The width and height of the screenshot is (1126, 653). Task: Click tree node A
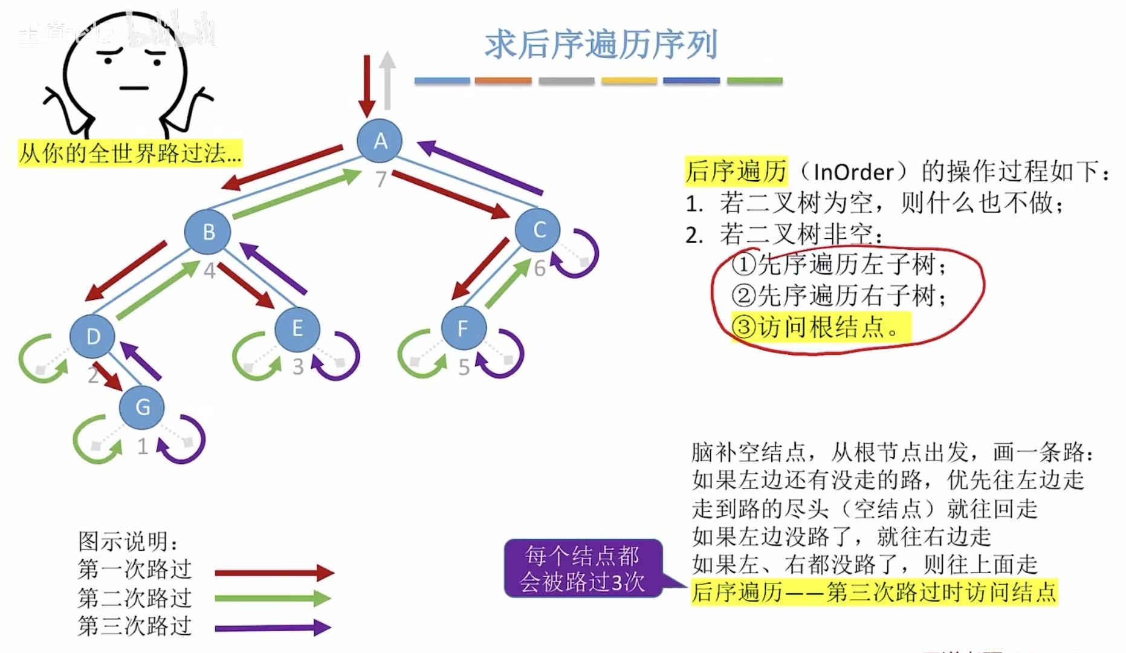pos(380,141)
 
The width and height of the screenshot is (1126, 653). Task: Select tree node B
pos(208,232)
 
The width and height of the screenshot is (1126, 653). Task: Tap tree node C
pos(538,230)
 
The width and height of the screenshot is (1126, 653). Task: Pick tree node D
pos(92,336)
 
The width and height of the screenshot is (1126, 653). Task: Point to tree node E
pos(297,329)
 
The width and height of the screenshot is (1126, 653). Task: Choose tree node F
pos(463,328)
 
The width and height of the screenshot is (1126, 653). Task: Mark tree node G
pos(142,407)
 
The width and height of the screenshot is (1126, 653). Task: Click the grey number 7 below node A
pos(381,180)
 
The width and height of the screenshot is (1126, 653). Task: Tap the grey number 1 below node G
pos(143,447)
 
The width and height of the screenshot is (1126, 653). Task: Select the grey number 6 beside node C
pos(540,268)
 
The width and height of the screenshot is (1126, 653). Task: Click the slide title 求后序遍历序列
pos(601,45)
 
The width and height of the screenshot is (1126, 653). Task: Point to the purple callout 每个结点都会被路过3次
pos(583,569)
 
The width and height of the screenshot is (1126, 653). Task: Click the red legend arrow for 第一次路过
pos(274,572)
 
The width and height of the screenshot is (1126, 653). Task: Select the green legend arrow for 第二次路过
pos(273,599)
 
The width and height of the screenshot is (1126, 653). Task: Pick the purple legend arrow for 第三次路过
pos(273,628)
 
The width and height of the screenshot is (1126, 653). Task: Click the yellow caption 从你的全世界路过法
pos(130,153)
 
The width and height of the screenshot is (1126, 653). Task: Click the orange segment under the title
pos(503,80)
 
